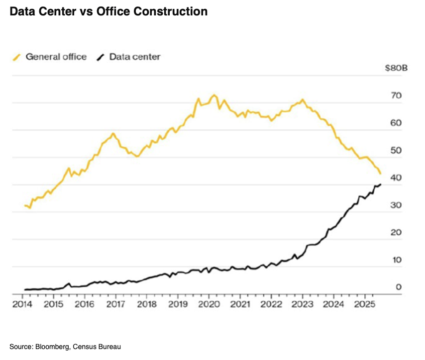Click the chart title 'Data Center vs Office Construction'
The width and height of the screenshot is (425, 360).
click(x=108, y=11)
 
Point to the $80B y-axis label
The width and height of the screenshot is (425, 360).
click(x=396, y=68)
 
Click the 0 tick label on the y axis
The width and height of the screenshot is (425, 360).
click(x=399, y=286)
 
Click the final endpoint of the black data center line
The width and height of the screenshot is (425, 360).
click(x=381, y=184)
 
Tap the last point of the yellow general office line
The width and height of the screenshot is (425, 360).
click(x=381, y=174)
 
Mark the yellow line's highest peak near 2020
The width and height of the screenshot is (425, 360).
click(x=214, y=94)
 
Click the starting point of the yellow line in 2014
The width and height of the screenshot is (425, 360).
click(x=25, y=205)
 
